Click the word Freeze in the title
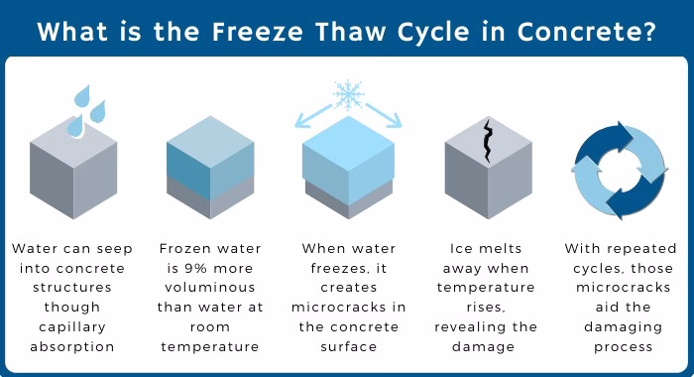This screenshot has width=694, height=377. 257,32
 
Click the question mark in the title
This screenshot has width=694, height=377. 649,32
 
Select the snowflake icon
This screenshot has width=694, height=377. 349,95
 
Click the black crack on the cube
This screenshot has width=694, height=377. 488,141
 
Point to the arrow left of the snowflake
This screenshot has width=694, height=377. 313,116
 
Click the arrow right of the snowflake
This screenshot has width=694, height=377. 384,116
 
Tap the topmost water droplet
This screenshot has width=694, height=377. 82,95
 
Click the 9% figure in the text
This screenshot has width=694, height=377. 196,268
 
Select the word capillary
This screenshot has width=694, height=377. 72,327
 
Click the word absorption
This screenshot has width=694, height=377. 72,346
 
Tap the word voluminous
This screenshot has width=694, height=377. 210,288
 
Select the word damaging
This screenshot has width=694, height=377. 624,327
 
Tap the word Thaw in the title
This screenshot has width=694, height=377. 350,32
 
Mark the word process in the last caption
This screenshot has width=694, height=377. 624,347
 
